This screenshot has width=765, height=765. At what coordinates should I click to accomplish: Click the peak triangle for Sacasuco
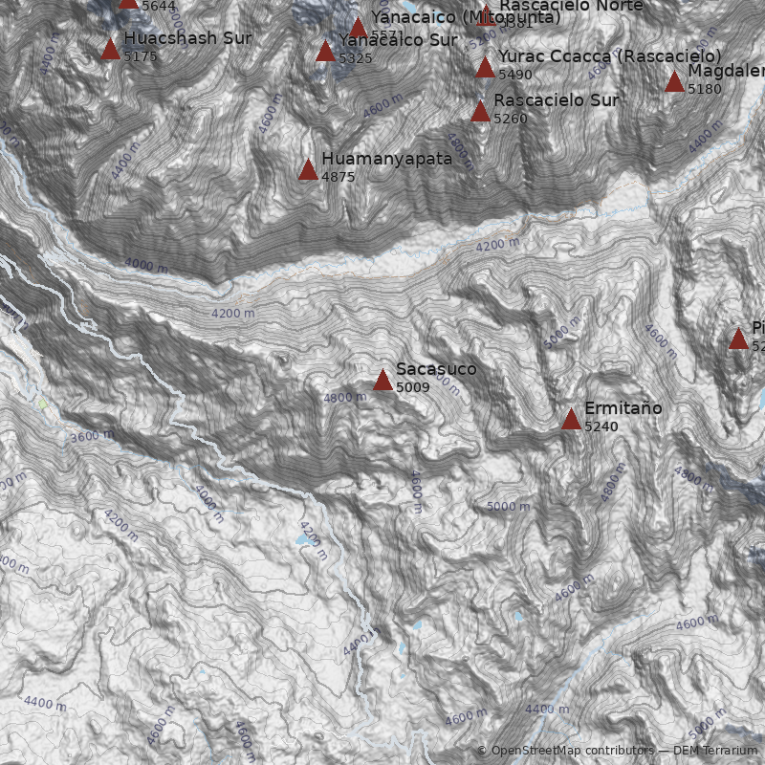(x=382, y=381)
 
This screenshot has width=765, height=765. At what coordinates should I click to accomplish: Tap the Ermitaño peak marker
(x=571, y=419)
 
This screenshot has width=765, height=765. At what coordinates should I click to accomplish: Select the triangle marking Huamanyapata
(x=308, y=170)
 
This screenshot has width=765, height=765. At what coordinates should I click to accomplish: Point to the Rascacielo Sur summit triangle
(x=480, y=111)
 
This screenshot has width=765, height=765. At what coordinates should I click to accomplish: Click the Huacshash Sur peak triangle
(x=110, y=49)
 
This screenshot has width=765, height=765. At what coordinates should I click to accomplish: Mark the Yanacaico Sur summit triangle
(x=325, y=51)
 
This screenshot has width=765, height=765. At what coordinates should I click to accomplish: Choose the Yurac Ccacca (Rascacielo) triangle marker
(x=485, y=67)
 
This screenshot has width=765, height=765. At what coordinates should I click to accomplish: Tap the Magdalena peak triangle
(x=674, y=81)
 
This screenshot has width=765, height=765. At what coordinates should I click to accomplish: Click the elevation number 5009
(x=413, y=387)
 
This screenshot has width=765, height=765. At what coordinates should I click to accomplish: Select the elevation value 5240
(x=601, y=426)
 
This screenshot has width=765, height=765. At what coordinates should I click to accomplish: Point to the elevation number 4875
(x=339, y=177)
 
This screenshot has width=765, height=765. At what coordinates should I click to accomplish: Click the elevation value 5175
(x=141, y=56)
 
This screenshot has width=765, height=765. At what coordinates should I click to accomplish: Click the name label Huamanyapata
(x=386, y=159)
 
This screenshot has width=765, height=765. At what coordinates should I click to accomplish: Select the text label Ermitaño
(x=623, y=408)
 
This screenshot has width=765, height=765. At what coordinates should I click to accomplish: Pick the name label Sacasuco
(x=436, y=369)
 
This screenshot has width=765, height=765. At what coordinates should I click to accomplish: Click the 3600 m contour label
(x=93, y=436)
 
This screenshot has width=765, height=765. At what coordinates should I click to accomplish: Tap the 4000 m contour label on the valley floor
(x=146, y=265)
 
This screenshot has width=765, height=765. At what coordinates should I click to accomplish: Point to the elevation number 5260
(x=511, y=119)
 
